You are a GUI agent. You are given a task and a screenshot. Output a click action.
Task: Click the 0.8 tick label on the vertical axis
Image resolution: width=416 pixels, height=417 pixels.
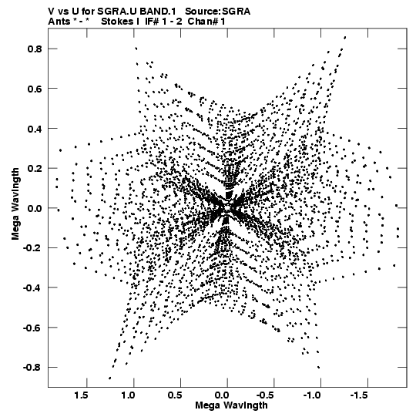pos(35,49)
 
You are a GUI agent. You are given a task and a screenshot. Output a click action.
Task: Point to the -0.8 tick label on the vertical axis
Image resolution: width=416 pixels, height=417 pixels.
pos(32,367)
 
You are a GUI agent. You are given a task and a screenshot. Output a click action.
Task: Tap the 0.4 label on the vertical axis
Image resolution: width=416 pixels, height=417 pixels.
pos(35,129)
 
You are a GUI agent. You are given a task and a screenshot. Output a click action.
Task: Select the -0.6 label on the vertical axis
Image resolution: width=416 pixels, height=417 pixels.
pos(32,328)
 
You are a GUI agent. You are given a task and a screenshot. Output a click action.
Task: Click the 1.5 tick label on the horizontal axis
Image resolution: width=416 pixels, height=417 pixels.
pos(81,395)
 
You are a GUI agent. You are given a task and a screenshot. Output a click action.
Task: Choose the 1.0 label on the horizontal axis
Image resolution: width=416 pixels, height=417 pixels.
pos(128,395)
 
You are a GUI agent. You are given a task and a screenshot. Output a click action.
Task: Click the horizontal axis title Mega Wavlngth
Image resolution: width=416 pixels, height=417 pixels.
pos(231,405)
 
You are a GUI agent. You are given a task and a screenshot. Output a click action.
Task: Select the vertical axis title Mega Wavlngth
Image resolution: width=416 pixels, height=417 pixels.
pos(15,204)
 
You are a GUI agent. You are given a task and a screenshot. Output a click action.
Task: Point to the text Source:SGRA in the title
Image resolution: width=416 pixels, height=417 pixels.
pos(217,12)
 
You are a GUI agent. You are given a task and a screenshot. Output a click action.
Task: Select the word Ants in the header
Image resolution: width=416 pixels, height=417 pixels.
pos(59,22)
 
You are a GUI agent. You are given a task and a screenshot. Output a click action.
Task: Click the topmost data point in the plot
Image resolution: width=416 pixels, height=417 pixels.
pos(345,38)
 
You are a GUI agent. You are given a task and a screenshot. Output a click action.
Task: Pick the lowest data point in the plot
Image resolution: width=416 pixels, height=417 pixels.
pos(110,378)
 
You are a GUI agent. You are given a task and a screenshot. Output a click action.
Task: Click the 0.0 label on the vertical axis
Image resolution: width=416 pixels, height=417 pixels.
pos(35,208)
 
